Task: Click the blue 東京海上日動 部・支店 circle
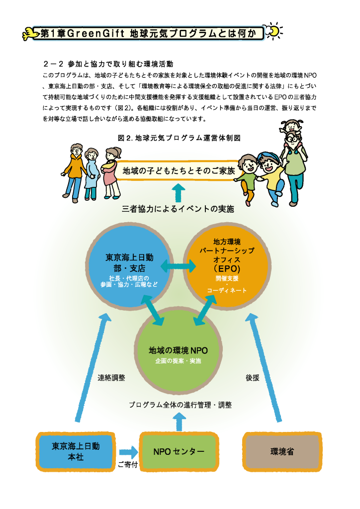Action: coord(129,265)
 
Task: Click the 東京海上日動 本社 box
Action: coord(76,451)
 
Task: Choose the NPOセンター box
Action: coord(179,451)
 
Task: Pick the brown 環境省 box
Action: coord(282,451)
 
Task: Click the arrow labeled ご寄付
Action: coord(129,452)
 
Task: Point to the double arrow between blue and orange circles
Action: coord(178,266)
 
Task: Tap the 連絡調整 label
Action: coord(111,378)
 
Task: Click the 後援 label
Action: coord(252,378)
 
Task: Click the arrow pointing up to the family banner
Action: coord(178,193)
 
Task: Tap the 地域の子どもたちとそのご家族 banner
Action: coord(179,171)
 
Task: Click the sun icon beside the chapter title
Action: coord(274,31)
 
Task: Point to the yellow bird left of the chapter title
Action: coord(30,34)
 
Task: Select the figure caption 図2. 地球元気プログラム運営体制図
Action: coord(179,138)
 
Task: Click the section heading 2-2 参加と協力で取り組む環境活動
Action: coord(108,64)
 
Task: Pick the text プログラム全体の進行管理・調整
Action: coord(180,405)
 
